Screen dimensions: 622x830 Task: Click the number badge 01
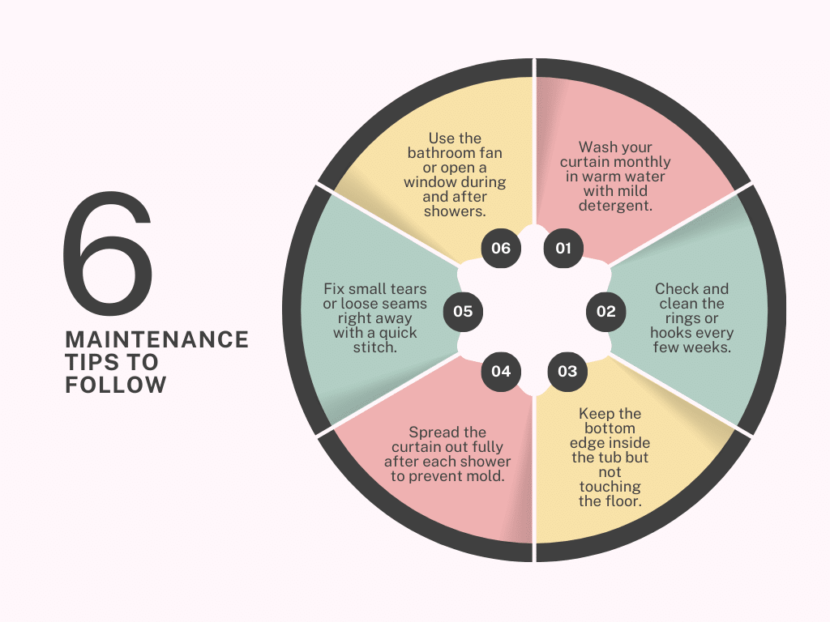tap(563, 248)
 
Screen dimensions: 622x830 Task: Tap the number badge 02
tap(605, 311)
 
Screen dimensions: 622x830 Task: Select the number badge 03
tap(567, 371)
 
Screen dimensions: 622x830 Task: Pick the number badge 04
tap(501, 371)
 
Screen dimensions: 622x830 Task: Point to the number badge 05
tap(463, 311)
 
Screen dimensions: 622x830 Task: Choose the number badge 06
tap(501, 248)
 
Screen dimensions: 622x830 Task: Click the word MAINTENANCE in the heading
tap(156, 339)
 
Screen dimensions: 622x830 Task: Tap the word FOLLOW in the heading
tap(115, 385)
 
